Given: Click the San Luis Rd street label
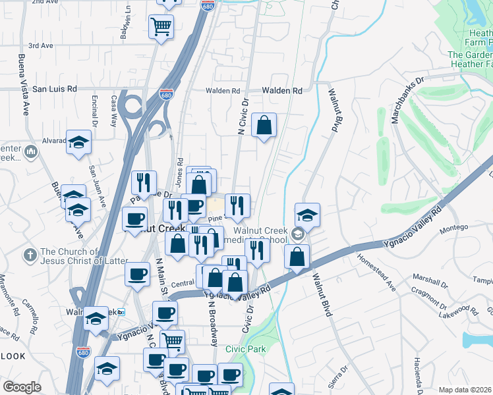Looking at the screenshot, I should [x=55, y=89].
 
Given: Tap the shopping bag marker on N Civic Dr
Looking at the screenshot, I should [x=264, y=125].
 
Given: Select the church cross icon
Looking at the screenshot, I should [x=30, y=254].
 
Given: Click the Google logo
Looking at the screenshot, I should [x=22, y=387].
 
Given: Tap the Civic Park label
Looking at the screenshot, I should [x=244, y=348].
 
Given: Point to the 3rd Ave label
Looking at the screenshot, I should [x=40, y=46].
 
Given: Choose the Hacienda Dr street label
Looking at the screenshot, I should [x=418, y=373].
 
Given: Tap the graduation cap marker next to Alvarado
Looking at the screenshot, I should [x=79, y=143].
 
